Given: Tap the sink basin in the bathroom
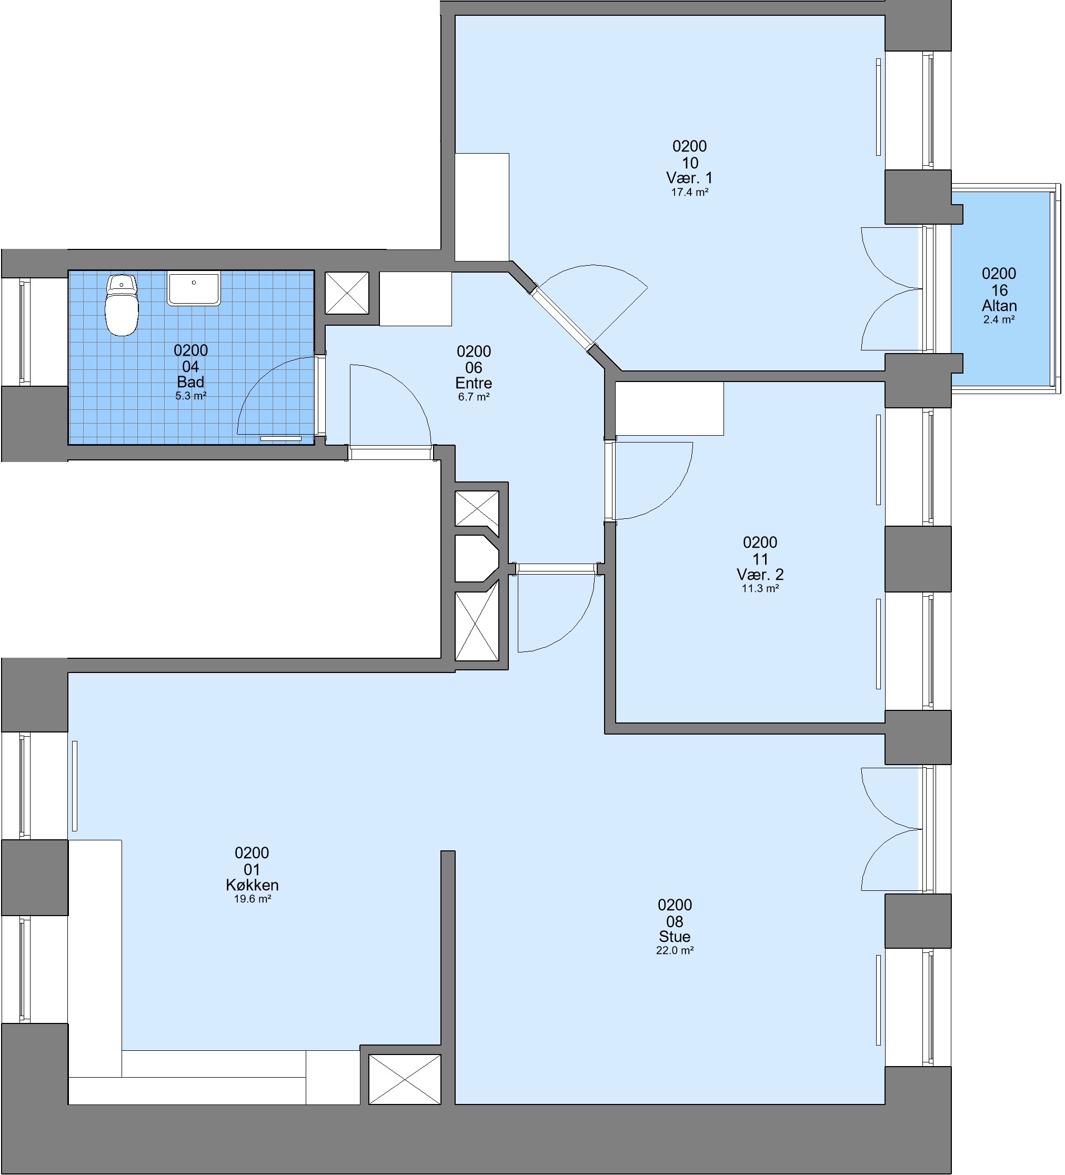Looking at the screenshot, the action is point(194,288).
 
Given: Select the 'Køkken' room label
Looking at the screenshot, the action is point(252,885).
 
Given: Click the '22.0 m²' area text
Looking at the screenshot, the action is point(675,950).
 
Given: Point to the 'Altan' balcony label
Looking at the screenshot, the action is point(999,305).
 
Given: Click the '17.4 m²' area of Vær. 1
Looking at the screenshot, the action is point(690,192).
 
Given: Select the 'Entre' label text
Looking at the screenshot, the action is point(474,383).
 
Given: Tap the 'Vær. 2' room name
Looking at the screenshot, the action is point(760,574).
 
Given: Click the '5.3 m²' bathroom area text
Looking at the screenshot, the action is point(190,396).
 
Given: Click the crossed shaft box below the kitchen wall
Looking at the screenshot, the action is point(405,1079).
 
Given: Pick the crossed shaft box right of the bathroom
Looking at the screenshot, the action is point(347,293).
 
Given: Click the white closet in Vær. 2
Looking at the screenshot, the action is point(670,408).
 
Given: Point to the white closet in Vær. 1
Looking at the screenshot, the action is point(482,207).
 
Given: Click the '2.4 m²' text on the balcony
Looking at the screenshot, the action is point(999,319).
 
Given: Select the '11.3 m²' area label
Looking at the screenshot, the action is point(760,588).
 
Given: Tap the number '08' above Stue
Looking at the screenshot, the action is point(675,921).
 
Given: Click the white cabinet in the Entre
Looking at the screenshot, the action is point(416,299).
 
